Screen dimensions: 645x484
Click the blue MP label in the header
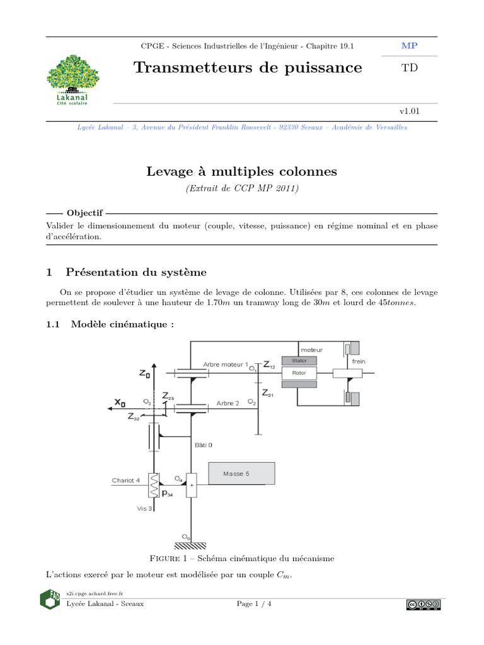pyautogui.click(x=409, y=46)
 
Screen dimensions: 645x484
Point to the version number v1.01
pyautogui.click(x=410, y=111)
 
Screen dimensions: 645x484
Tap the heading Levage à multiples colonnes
pyautogui.click(x=242, y=171)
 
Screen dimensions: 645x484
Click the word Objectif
pyautogui.click(x=84, y=213)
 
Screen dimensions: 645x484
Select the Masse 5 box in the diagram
pyautogui.click(x=240, y=474)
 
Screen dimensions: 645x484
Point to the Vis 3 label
pyautogui.click(x=144, y=508)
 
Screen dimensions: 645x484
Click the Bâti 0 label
pyautogui.click(x=202, y=444)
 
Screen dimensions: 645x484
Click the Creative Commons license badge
pyautogui.click(x=423, y=605)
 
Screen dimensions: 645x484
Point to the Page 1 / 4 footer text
pyautogui.click(x=254, y=604)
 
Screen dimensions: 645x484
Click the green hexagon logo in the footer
pyautogui.click(x=50, y=599)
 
